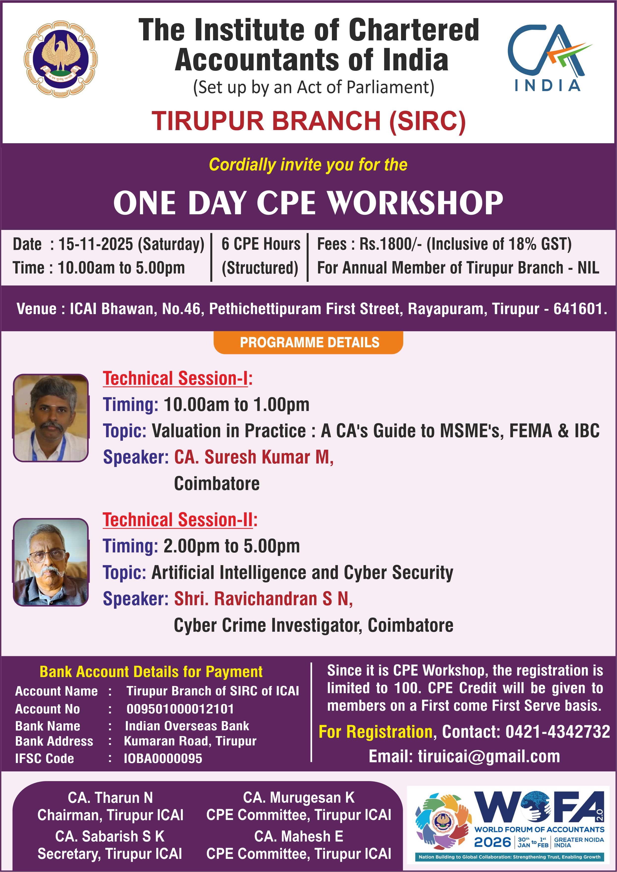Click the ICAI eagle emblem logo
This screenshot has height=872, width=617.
coord(61,59)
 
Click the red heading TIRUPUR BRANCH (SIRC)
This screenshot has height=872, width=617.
coord(309,121)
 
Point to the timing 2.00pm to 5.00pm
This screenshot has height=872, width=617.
coord(232,546)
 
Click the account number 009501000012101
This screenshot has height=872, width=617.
coord(180,709)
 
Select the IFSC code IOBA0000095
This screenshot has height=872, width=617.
coord(163,758)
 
